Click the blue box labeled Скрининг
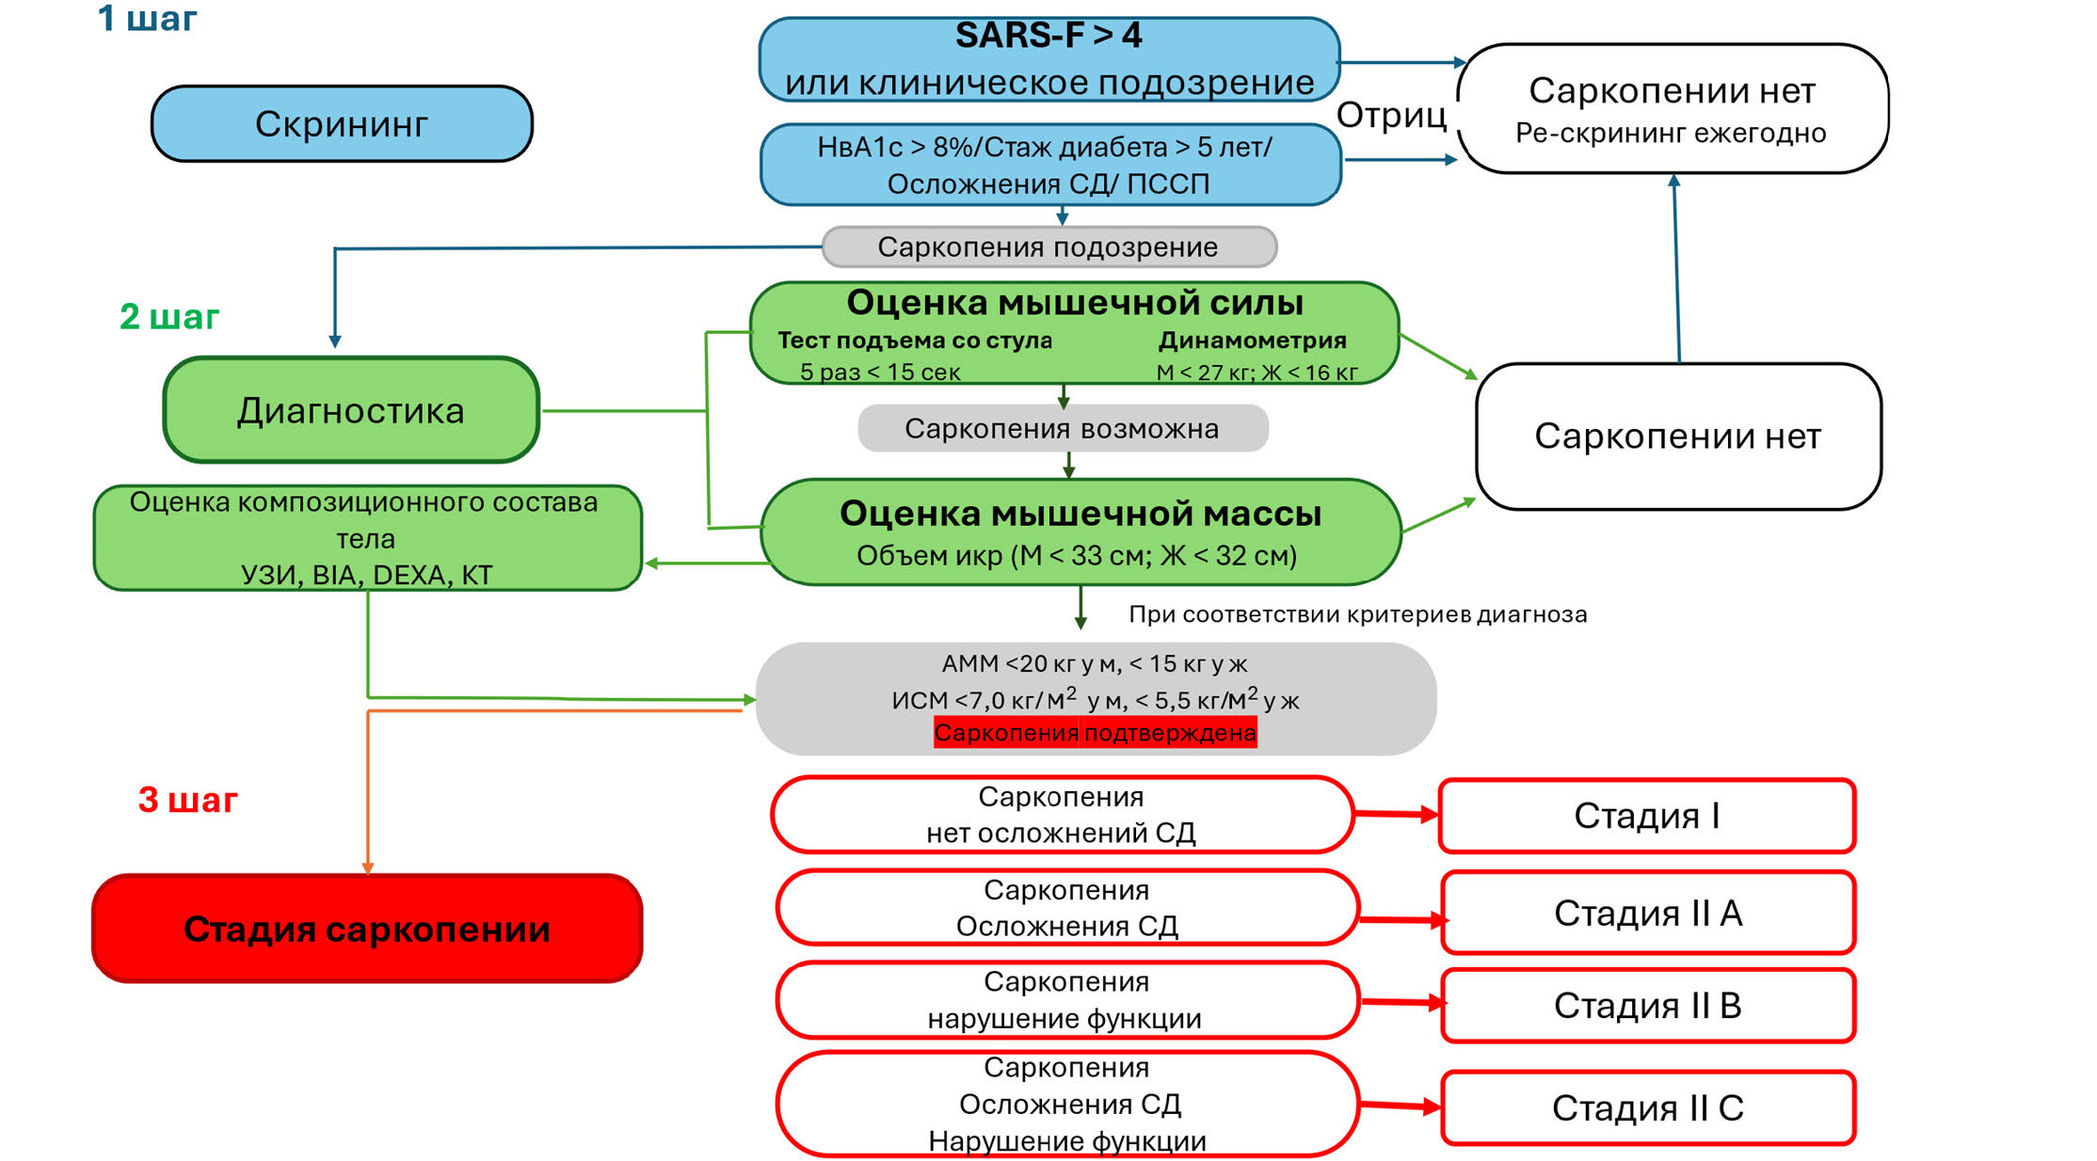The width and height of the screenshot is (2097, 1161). [342, 124]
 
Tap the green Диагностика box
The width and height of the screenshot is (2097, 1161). [351, 410]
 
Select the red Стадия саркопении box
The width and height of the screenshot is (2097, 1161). [367, 929]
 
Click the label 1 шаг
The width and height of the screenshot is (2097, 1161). [147, 19]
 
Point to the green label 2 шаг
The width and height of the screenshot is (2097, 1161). [169, 317]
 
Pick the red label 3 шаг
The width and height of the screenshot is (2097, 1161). [187, 800]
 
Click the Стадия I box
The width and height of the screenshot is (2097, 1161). [1646, 816]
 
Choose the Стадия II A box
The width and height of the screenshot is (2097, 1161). [1648, 913]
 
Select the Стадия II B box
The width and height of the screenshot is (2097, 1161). [1648, 1006]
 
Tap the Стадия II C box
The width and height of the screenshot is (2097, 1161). [1648, 1108]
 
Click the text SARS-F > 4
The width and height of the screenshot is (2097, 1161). [1048, 36]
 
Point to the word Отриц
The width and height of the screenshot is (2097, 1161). [1391, 116]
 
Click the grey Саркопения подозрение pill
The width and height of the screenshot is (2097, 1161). [1048, 247]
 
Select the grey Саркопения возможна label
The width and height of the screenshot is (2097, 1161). [1062, 429]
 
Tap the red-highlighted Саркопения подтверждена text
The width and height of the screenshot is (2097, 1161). [1095, 733]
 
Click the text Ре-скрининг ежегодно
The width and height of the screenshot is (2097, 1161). [1671, 134]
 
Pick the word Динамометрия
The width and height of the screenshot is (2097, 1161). [1252, 341]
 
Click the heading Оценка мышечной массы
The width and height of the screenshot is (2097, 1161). [1081, 514]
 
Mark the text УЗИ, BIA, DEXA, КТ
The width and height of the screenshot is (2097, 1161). [367, 575]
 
